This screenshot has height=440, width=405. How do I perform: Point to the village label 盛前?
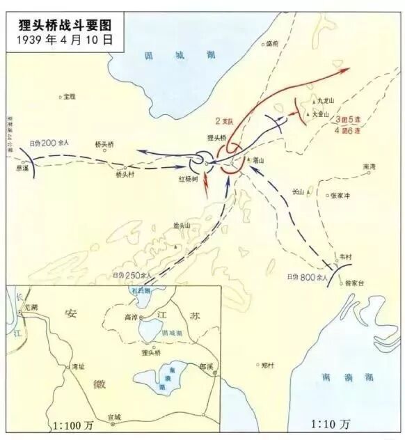(x=273, y=43)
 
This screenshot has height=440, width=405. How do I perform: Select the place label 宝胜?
(x=70, y=97)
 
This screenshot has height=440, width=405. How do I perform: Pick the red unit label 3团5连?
(x=347, y=119)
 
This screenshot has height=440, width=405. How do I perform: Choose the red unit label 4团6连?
(x=347, y=129)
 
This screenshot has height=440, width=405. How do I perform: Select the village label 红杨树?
(x=189, y=179)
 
